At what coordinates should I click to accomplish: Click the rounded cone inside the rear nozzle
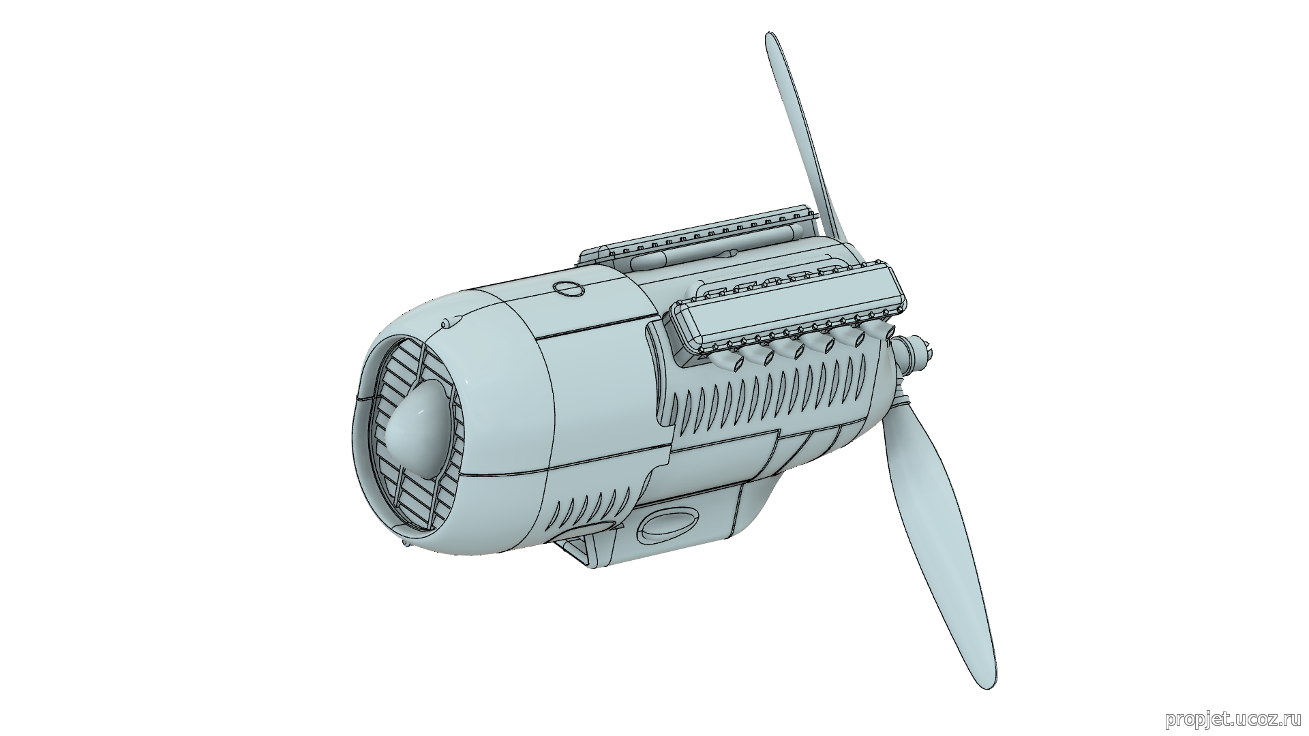[415, 432]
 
